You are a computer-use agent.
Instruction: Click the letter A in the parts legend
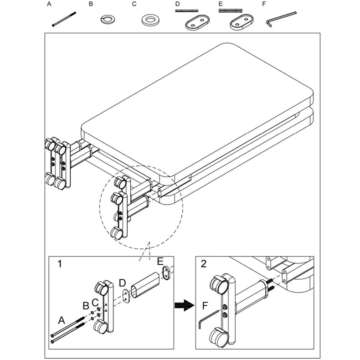[49, 4]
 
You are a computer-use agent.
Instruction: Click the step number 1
[60, 263]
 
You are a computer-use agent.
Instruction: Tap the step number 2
[203, 263]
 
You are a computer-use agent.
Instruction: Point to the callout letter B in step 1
[85, 304]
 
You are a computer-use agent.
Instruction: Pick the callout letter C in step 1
[95, 301]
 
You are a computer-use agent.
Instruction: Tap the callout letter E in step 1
[160, 262]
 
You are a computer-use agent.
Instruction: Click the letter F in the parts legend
[264, 4]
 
